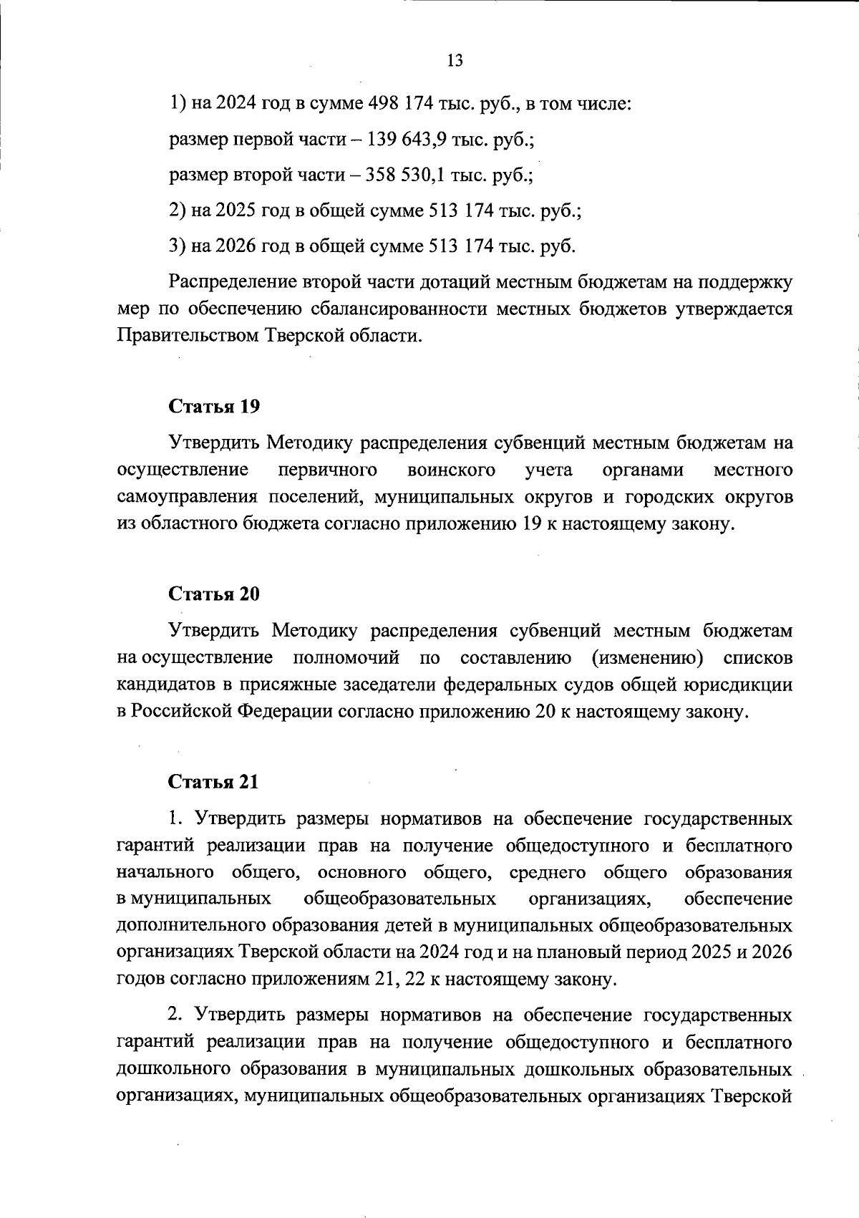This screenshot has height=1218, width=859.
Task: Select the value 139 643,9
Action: point(407,140)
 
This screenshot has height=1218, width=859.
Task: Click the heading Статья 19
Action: point(214,407)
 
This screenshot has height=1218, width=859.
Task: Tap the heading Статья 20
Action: point(214,594)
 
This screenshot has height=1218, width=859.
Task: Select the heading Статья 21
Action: point(213,782)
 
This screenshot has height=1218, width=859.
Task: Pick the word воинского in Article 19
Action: point(451,470)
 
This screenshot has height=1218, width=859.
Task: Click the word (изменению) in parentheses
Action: point(647,657)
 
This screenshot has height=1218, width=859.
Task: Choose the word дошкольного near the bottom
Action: point(174,1070)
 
